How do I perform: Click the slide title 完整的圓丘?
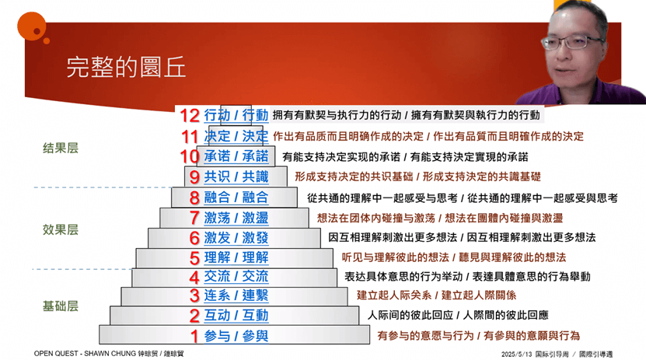pos(126,68)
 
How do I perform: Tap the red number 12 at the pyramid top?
pos(190,116)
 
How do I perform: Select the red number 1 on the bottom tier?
pos(194,337)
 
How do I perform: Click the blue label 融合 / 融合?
pos(236,197)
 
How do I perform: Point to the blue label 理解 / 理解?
pos(236,257)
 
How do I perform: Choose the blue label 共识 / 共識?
pos(236,177)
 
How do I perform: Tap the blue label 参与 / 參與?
pos(236,336)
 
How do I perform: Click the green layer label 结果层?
pos(61,148)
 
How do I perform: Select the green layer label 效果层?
pos(61,229)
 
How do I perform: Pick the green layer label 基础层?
pos(61,306)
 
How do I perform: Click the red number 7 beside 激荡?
pos(194,218)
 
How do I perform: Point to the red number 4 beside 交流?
pos(194,278)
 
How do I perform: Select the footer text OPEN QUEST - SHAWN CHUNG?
pos(85,354)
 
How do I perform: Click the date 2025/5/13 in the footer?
pos(517,355)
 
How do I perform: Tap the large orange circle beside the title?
pos(31,26)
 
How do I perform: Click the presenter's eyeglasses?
pos(574,42)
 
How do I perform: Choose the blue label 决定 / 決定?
pos(236,136)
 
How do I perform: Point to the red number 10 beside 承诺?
pos(190,156)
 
